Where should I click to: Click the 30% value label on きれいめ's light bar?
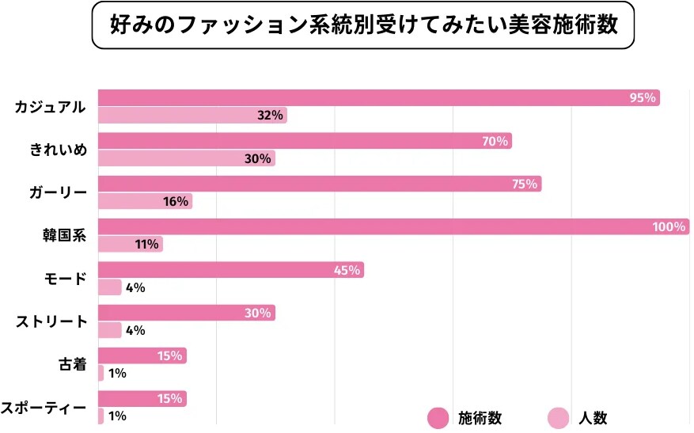point(258,158)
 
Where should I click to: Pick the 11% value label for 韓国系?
point(147,244)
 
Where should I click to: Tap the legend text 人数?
point(592,417)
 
